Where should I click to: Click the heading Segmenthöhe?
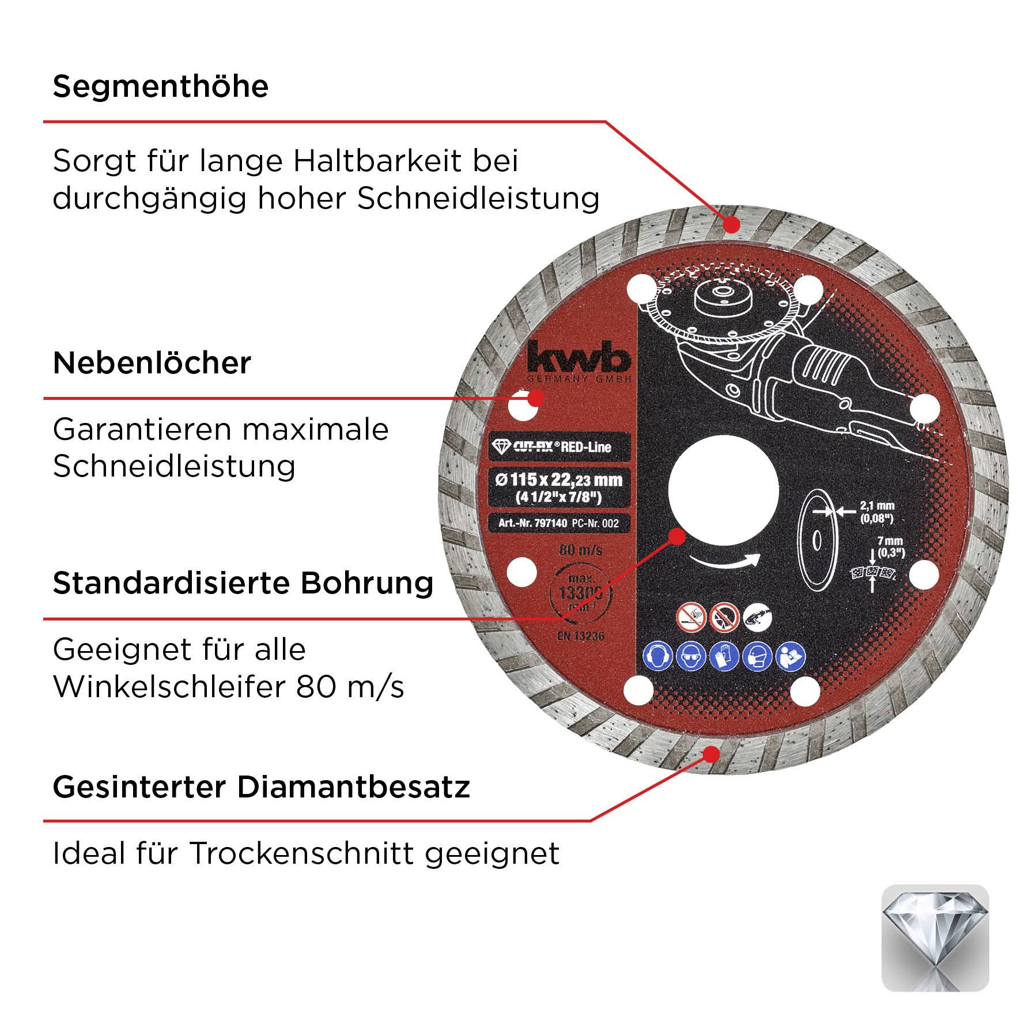point(161,86)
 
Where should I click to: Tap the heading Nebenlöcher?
point(152,363)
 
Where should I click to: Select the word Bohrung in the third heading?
point(366,583)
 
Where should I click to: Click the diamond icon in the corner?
point(935,937)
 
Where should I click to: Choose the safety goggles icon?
point(690,657)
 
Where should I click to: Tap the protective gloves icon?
point(724,657)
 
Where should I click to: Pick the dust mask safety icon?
point(757,657)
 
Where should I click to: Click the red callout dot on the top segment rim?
point(732,224)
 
